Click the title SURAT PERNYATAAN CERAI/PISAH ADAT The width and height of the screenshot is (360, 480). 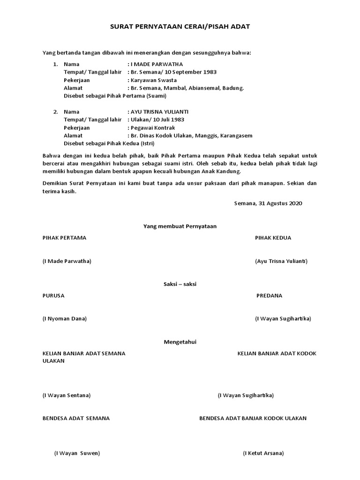click(x=180, y=27)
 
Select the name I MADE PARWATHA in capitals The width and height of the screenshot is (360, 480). click(x=157, y=64)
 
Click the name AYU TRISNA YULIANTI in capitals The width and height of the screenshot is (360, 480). click(x=160, y=112)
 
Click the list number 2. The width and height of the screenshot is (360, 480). click(x=55, y=112)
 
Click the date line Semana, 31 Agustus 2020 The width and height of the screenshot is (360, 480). click(x=268, y=203)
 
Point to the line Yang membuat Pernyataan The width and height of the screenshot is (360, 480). click(x=180, y=226)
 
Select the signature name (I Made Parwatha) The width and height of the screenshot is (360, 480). click(x=67, y=261)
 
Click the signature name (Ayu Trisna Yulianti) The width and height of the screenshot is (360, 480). click(x=281, y=261)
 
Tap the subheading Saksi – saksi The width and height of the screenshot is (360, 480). click(x=180, y=284)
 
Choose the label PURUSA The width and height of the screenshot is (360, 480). click(x=53, y=296)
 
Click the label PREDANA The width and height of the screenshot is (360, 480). click(x=270, y=296)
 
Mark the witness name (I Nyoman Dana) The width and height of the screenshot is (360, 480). click(x=65, y=319)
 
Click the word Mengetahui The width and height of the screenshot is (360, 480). click(x=180, y=342)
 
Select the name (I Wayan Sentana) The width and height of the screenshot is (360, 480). click(x=67, y=395)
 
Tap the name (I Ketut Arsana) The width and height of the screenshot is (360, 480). click(x=263, y=453)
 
